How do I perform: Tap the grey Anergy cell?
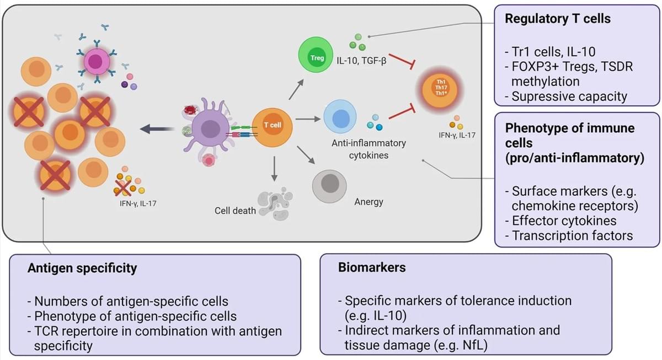pos(329,186)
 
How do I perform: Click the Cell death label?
pos(236,211)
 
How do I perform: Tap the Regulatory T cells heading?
pos(558,19)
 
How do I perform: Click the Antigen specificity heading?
pos(82,268)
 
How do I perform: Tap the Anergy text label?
pos(369,202)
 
